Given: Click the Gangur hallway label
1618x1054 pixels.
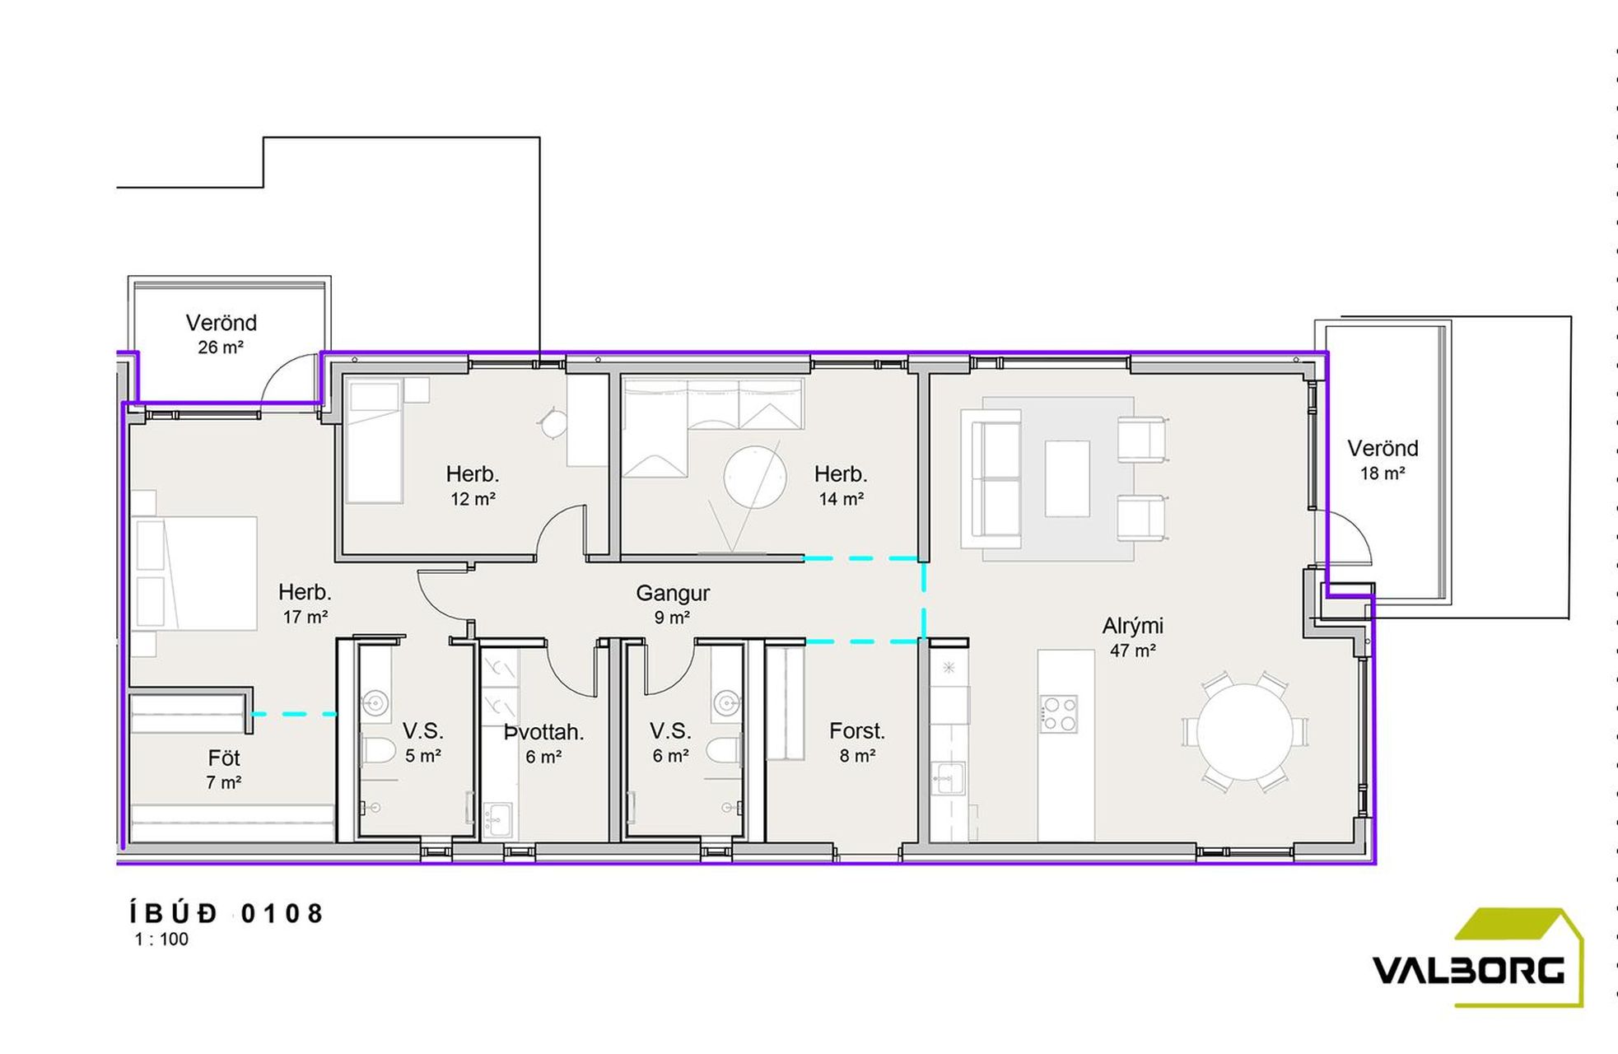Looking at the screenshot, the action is click(672, 593).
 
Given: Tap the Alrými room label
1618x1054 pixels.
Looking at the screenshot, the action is click(1132, 627).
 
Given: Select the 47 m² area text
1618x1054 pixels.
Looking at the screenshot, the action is click(1132, 651).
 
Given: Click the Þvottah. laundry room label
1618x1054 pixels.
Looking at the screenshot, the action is click(543, 732).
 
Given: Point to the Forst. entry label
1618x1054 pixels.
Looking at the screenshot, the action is click(856, 730).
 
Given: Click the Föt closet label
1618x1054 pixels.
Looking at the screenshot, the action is click(224, 758).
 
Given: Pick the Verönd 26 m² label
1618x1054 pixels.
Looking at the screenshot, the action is click(221, 333).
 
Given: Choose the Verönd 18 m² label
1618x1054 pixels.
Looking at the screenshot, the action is click(1383, 459).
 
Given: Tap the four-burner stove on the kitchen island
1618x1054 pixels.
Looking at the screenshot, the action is click(1058, 714).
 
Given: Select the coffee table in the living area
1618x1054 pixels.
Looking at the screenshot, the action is click(1067, 478).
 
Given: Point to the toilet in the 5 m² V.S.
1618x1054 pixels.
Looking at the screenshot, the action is click(380, 751).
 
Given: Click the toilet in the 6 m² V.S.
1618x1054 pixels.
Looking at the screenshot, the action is click(725, 751).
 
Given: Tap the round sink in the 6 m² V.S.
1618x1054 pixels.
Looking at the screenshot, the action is click(725, 702).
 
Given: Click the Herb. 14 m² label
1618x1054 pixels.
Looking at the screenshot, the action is click(841, 486).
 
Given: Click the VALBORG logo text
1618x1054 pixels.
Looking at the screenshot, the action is click(1468, 970).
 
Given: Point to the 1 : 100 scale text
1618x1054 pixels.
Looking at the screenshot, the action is click(161, 940).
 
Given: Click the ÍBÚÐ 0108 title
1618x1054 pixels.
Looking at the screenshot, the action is click(226, 913).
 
